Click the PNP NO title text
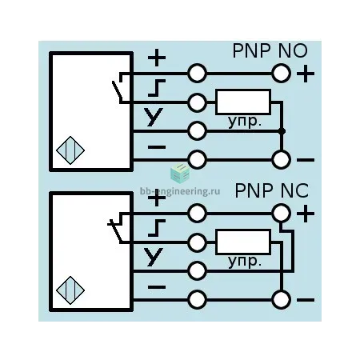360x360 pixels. (270, 50)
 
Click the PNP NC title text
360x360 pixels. (271, 190)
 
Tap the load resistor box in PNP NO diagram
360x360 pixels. (243, 102)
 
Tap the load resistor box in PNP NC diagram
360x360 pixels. (243, 242)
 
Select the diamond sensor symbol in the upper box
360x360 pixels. (70, 150)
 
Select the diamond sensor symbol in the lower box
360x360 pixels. (70, 290)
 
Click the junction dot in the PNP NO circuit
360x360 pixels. (282, 131)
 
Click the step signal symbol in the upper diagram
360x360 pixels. (157, 88)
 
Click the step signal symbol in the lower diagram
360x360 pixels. (157, 228)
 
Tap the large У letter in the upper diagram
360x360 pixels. (154, 117)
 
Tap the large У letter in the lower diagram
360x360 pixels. (154, 257)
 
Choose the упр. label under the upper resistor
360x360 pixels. (244, 122)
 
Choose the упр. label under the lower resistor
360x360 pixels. (244, 262)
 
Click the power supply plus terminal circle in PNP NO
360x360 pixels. (281, 73)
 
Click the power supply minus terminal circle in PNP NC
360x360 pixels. (281, 300)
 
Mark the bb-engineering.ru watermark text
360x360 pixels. (180, 191)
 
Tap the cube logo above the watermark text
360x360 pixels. (180, 174)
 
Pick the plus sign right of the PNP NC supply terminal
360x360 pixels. (306, 214)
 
